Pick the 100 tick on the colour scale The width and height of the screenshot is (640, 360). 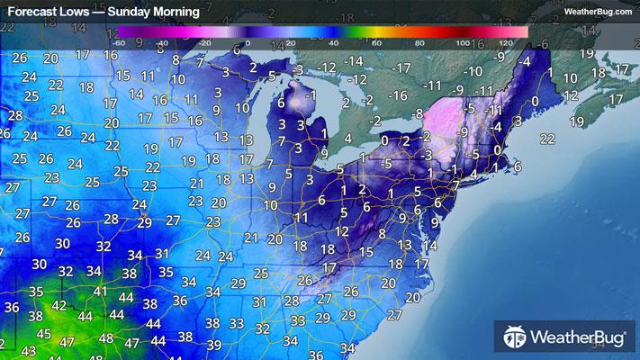click(463, 43)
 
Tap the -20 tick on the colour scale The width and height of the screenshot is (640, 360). click(206, 43)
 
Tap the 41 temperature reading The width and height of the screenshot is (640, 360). click(100, 292)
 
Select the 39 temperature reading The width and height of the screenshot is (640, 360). click(213, 345)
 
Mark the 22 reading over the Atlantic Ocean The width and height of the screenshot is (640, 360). click(546, 138)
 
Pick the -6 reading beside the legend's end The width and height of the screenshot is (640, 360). click(541, 43)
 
